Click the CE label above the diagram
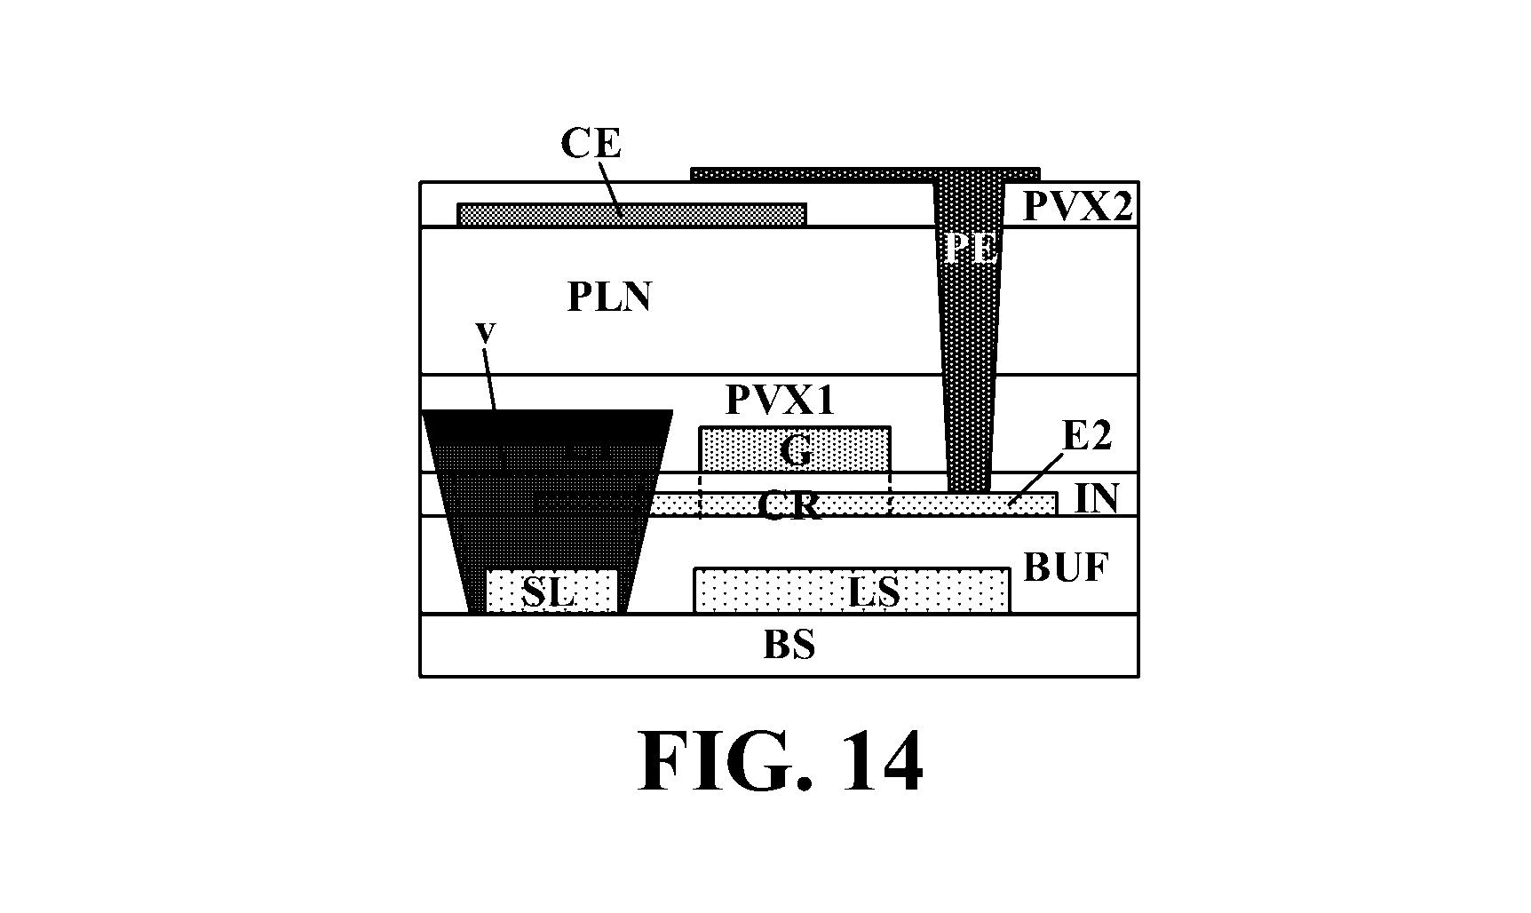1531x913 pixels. tap(591, 143)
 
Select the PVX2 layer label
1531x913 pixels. tap(1078, 206)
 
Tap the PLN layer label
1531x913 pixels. tap(609, 297)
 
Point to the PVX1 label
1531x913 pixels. tap(781, 401)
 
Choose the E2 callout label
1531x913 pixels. tap(1087, 437)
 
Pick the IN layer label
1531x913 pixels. tap(1096, 498)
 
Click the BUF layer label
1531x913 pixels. tap(1066, 566)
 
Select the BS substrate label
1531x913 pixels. tap(789, 646)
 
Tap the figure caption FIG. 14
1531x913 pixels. tap(781, 763)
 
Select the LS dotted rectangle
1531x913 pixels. tap(852, 591)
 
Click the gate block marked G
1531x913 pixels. tap(795, 449)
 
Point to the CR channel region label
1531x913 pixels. tap(789, 504)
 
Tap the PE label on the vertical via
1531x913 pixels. tap(969, 249)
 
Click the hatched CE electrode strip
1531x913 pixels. tap(631, 215)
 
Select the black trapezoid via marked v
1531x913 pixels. tap(546, 512)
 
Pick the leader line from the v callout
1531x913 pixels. tap(489, 377)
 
